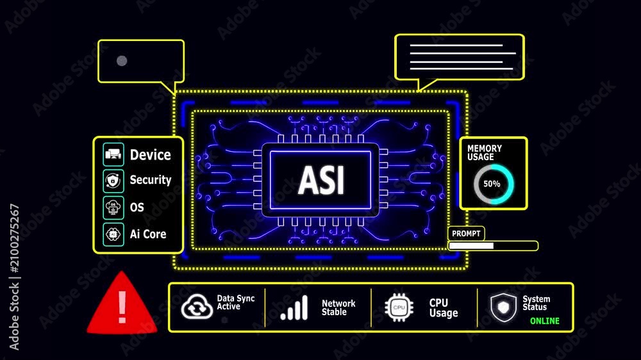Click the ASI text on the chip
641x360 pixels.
tap(321, 180)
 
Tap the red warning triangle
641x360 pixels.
tap(122, 304)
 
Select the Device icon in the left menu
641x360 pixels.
tap(113, 154)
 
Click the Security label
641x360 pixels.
tap(151, 180)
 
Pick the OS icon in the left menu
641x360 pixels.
tap(113, 208)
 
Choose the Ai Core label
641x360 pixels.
tap(148, 234)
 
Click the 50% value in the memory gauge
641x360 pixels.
tap(492, 184)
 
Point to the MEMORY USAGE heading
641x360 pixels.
tap(485, 152)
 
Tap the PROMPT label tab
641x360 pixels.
tap(466, 233)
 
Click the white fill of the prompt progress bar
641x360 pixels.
tap(471, 245)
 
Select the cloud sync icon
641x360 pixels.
tap(197, 307)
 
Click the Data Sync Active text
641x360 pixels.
tap(235, 302)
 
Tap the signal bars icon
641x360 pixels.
tap(294, 307)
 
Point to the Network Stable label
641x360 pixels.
tap(338, 307)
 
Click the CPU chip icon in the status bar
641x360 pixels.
tap(399, 307)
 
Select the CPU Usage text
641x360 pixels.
tap(444, 307)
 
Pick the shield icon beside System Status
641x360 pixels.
tap(503, 307)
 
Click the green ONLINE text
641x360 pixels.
tap(544, 321)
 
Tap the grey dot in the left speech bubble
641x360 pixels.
tap(122, 61)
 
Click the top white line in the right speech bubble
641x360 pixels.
tap(456, 45)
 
